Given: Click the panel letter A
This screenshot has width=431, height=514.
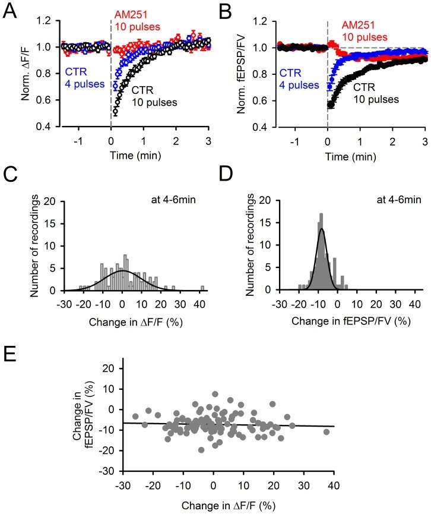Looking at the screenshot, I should [11, 10].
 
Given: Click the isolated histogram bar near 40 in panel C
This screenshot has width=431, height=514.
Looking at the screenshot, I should [202, 288].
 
